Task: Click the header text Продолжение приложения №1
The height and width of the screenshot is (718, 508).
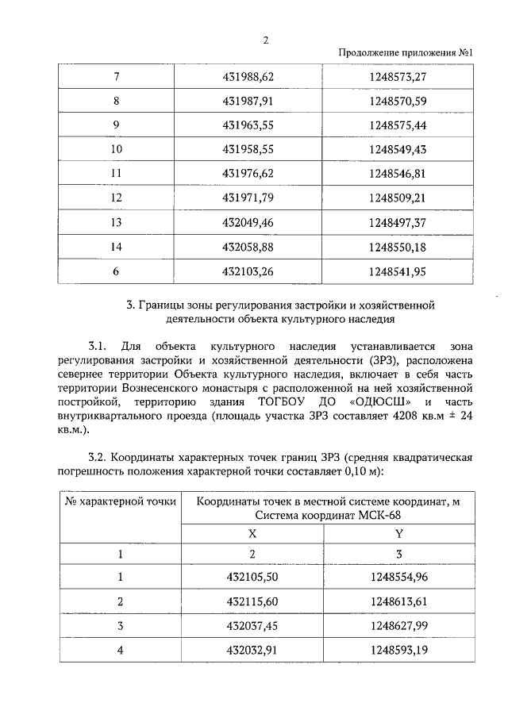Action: [406, 54]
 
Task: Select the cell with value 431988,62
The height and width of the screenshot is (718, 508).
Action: [249, 77]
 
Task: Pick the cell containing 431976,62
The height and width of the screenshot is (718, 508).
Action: [249, 172]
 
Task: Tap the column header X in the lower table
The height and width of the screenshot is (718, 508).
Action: [252, 534]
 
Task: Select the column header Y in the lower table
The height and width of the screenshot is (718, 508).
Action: [399, 534]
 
